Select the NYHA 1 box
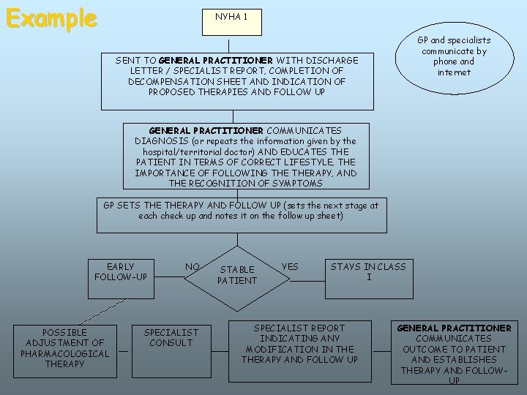[236, 17]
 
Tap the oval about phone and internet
[454, 56]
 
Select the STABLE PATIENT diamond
[238, 275]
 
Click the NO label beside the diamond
[192, 266]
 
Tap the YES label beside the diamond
[290, 266]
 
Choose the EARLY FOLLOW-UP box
[121, 271]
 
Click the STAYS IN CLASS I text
[368, 271]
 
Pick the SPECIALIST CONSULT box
[171, 337]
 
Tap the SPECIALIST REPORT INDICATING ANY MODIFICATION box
[299, 343]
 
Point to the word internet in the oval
[454, 72]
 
